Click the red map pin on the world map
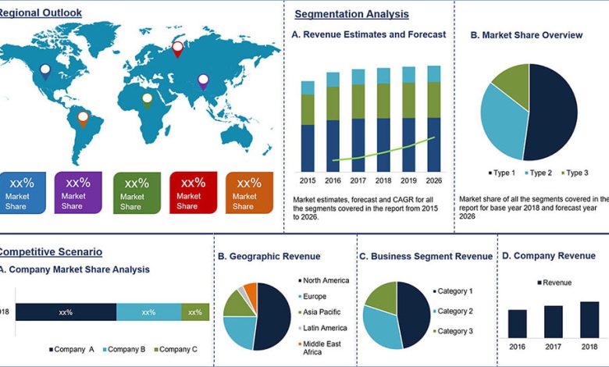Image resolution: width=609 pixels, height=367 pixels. (177, 48)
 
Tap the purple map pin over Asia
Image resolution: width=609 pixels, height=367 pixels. (203, 80)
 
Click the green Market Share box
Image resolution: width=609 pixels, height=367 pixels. (137, 193)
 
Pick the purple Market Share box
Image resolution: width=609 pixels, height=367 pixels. (78, 193)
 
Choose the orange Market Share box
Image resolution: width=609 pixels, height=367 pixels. (249, 193)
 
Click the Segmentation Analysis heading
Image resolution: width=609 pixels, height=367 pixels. (351, 14)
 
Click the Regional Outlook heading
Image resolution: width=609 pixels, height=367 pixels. (41, 12)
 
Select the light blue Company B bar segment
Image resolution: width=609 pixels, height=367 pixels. (148, 312)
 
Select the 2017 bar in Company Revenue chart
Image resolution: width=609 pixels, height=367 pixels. (553, 321)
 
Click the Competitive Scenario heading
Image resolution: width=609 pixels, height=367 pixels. (51, 252)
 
